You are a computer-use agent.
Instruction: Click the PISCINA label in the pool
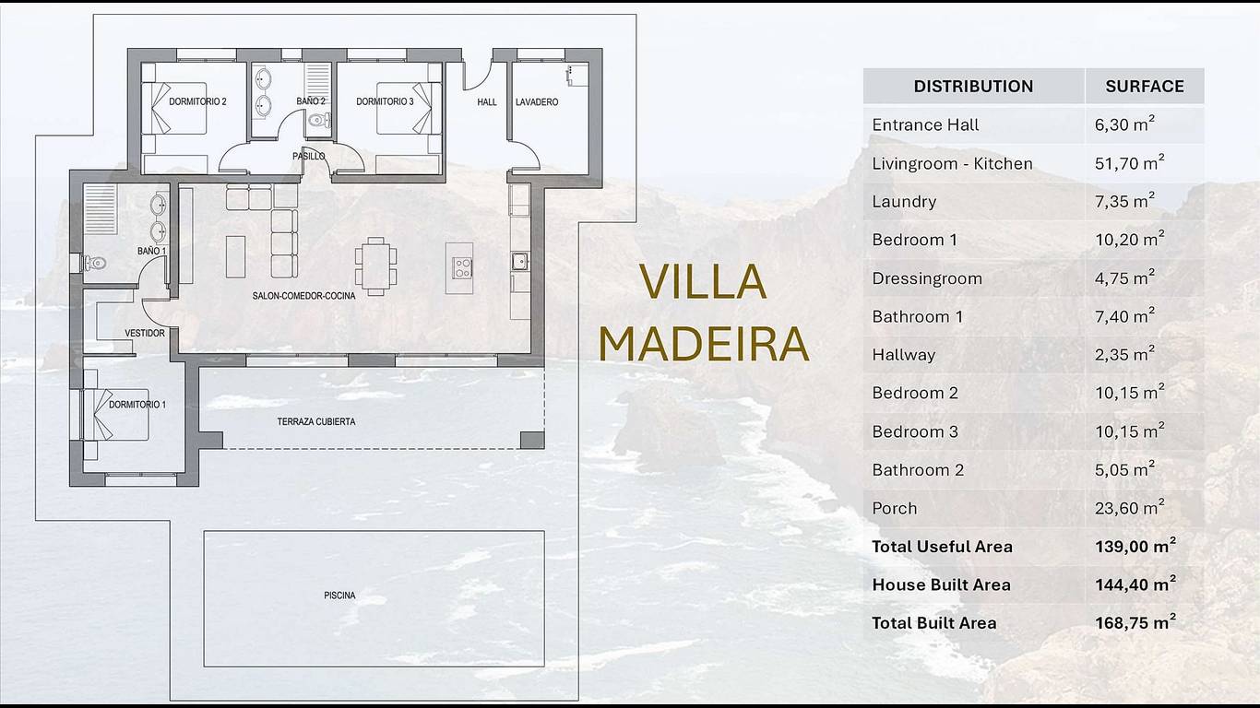tap(339, 595)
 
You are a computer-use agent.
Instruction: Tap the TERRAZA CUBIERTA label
tap(316, 421)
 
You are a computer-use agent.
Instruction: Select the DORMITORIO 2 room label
tap(197, 101)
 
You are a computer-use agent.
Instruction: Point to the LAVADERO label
tap(537, 101)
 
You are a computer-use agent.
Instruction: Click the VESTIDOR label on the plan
tap(145, 333)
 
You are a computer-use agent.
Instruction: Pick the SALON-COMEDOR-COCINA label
tap(303, 296)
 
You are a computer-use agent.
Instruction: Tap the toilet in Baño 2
tap(319, 119)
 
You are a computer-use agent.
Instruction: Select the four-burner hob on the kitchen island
tap(462, 268)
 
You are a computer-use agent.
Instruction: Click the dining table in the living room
tap(375, 266)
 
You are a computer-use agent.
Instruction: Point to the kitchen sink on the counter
tap(519, 262)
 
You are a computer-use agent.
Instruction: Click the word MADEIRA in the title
tap(703, 344)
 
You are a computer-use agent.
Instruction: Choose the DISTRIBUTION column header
tap(973, 86)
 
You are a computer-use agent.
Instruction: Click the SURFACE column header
tap(1145, 86)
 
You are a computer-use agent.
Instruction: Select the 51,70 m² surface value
tap(1129, 163)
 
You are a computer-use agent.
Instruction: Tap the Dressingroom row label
tap(927, 278)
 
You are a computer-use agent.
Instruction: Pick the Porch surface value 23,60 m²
tap(1129, 508)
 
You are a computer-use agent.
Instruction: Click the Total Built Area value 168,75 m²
tap(1135, 622)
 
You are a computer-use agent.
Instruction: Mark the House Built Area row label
tap(941, 584)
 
